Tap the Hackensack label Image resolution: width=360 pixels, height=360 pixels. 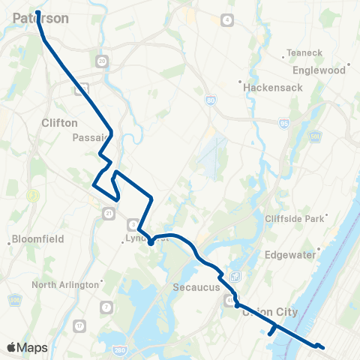point(266,87)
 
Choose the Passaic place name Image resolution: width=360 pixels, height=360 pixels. point(90,138)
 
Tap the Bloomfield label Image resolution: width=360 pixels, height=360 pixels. point(37,239)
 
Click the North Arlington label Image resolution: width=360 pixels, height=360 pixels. point(66,285)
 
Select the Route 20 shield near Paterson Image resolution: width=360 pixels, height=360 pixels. point(102,60)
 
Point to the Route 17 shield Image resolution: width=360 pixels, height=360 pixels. point(79,325)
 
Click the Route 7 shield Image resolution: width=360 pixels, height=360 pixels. point(107,307)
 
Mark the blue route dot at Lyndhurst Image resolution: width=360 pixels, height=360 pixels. point(151,241)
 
